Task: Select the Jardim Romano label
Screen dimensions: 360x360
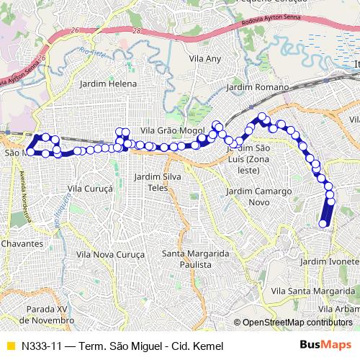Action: coord(257,86)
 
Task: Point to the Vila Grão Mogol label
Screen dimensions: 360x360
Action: coord(168,130)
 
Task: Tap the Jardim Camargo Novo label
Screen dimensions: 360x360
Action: coord(252,197)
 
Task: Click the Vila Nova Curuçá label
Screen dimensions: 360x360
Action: coord(110,255)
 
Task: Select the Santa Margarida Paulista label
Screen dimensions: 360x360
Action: coord(195,258)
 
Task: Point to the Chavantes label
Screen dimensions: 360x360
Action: coord(22,244)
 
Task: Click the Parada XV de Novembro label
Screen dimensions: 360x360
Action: coord(46,313)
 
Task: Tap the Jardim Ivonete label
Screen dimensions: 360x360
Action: coord(332,261)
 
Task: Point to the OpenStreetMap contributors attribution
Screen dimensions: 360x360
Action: coord(297,323)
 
